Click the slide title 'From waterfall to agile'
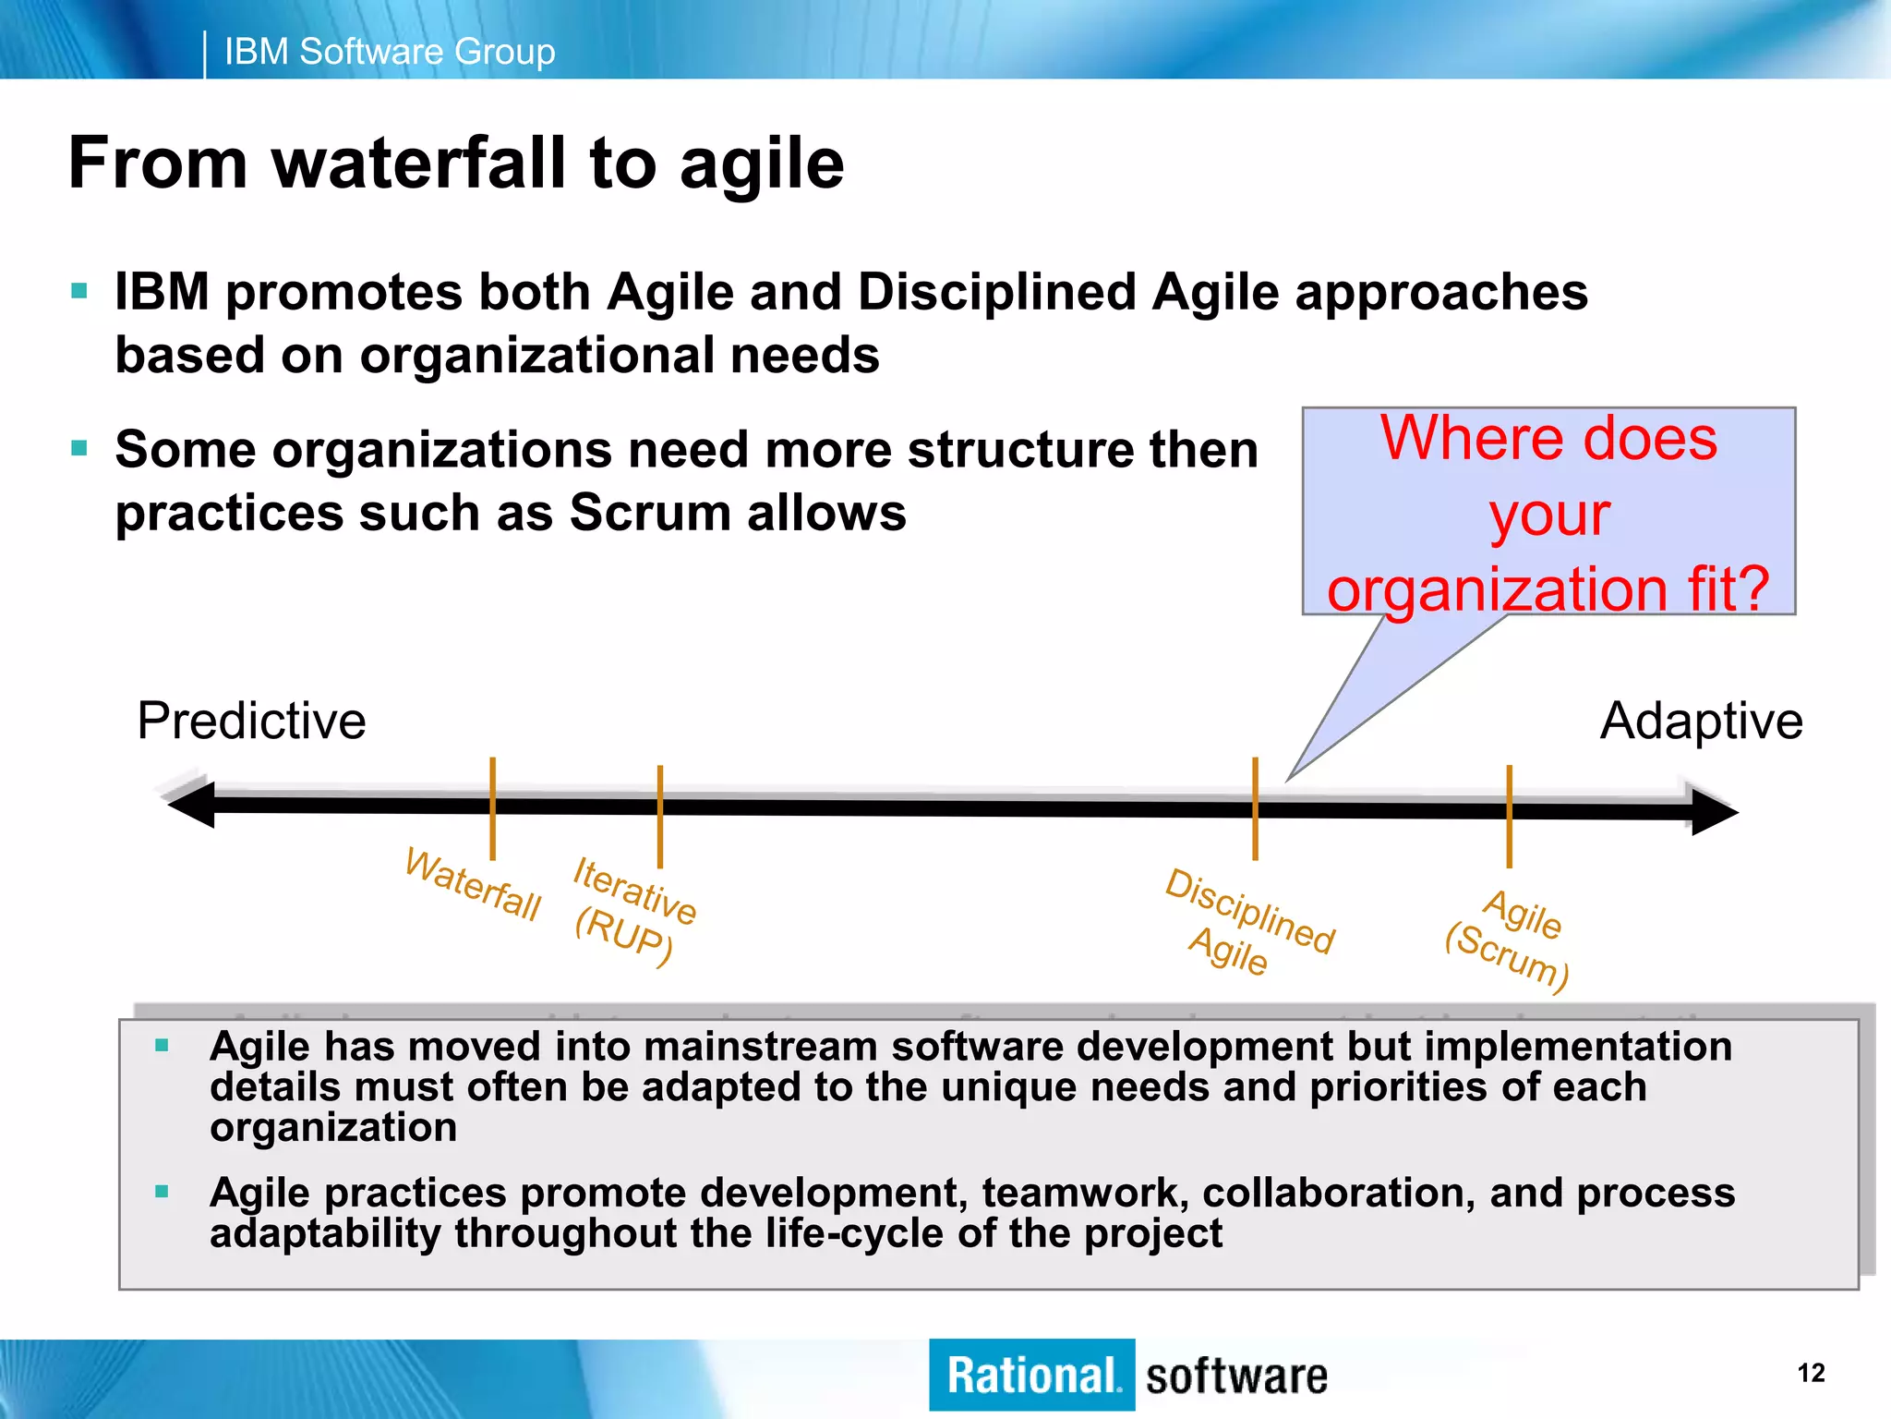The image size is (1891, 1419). click(456, 164)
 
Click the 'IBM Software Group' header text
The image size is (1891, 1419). click(390, 52)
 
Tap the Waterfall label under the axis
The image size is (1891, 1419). click(473, 885)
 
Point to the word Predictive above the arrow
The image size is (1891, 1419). click(251, 721)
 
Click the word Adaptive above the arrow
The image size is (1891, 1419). click(1701, 721)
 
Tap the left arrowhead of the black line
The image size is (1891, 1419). click(191, 804)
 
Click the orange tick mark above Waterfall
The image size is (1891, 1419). click(493, 807)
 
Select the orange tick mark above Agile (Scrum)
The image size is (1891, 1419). click(1510, 816)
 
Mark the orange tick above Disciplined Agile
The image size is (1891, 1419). click(1256, 808)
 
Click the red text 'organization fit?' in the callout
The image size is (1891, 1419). click(1548, 588)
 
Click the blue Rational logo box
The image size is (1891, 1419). click(1031, 1375)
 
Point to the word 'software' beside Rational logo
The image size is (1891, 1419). click(1236, 1377)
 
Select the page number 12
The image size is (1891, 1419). click(1811, 1373)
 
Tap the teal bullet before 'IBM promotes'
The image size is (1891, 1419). click(79, 292)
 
